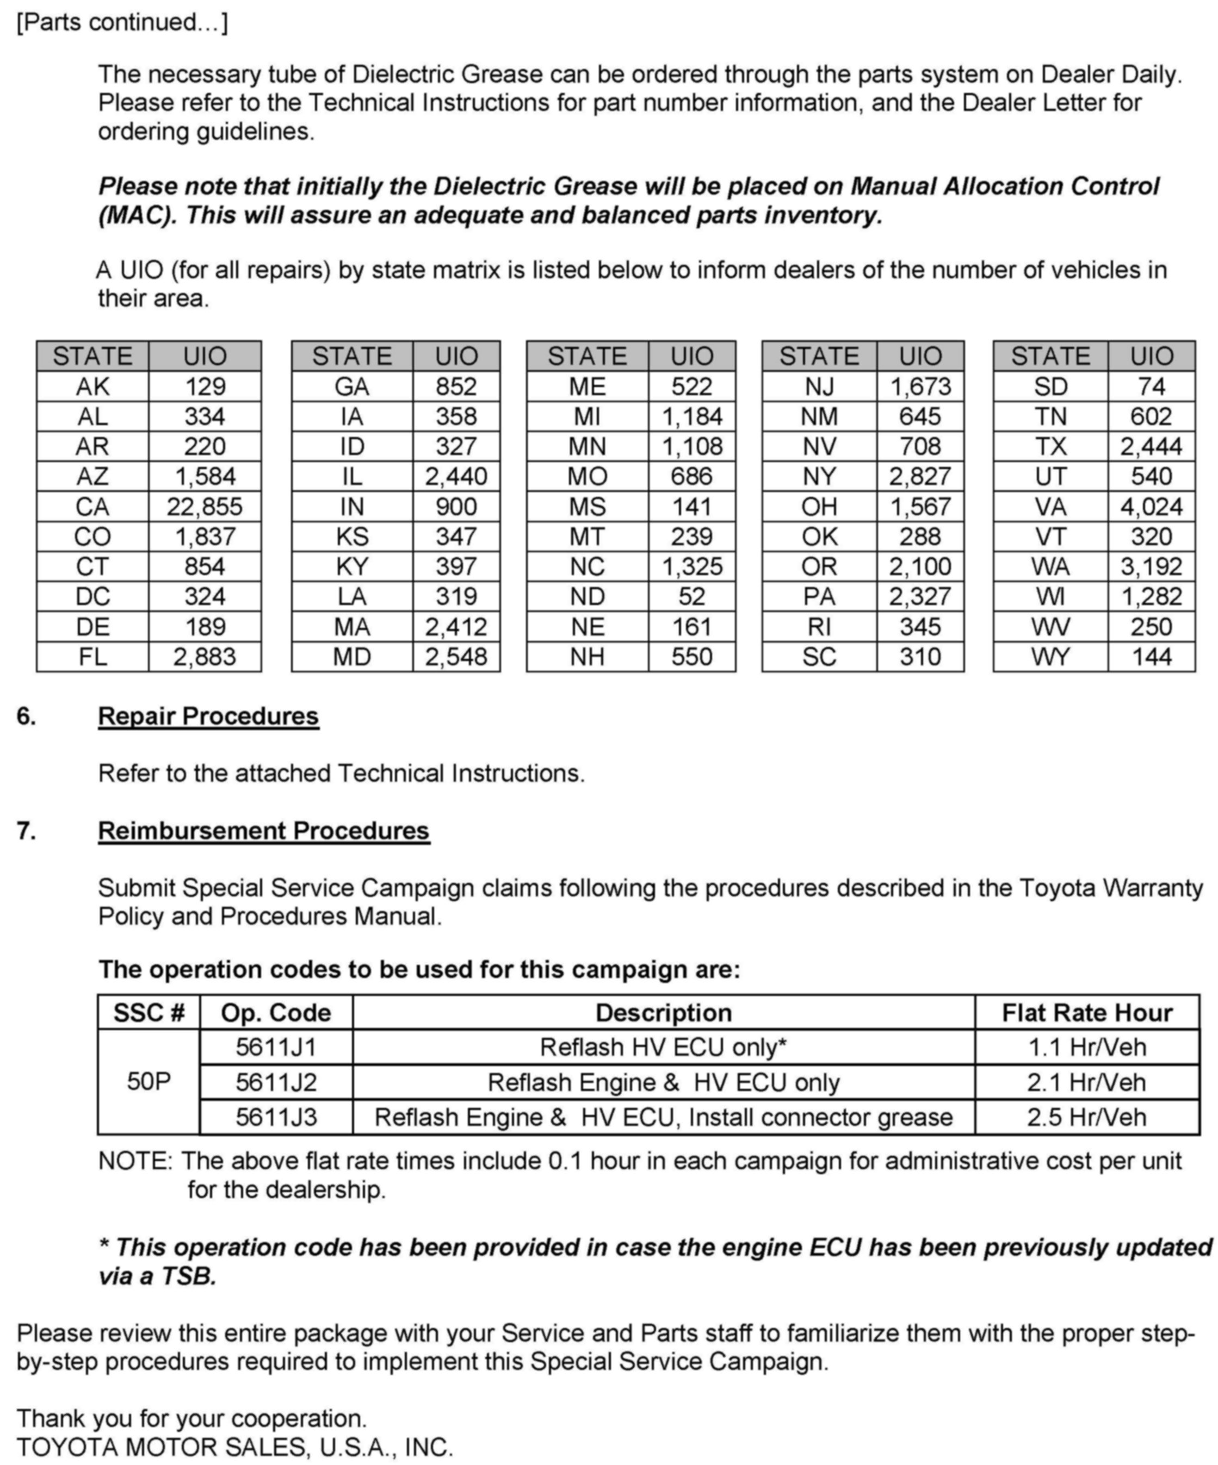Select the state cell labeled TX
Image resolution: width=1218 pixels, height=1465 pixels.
[1050, 446]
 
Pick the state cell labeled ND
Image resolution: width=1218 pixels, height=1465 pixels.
[587, 596]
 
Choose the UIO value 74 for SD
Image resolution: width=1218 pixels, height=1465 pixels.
[1151, 386]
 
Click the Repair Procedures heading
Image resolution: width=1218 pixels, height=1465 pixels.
[208, 716]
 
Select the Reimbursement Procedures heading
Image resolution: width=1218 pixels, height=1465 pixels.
[263, 831]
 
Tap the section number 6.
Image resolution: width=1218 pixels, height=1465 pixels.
[26, 716]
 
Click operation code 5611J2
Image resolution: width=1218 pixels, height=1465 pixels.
[276, 1082]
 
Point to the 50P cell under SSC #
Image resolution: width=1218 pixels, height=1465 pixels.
[149, 1081]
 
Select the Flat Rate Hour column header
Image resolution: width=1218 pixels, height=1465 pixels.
[1086, 1012]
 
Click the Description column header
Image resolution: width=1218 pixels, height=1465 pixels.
[663, 1012]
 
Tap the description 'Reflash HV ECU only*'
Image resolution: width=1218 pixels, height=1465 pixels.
[663, 1047]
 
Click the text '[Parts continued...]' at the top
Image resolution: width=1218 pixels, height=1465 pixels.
[122, 22]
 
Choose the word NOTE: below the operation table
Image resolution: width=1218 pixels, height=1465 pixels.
[135, 1161]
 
